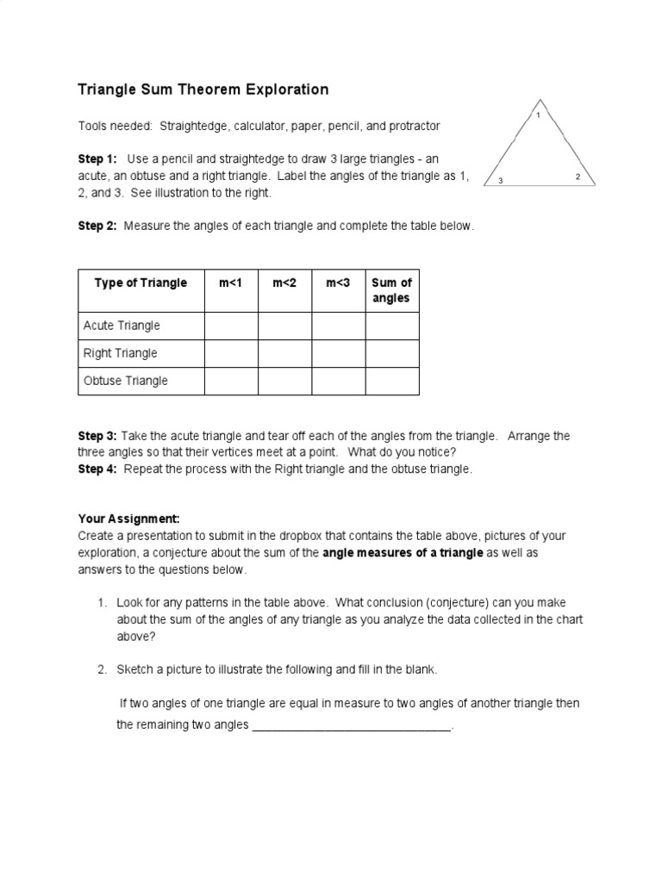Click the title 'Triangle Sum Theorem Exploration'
click(x=203, y=89)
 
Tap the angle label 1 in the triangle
click(x=539, y=115)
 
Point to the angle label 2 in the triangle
click(x=578, y=176)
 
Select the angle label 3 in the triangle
click(x=501, y=180)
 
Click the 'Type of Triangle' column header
click(x=141, y=283)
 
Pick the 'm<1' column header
click(x=230, y=283)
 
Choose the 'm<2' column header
click(x=284, y=283)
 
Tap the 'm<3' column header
click(x=338, y=283)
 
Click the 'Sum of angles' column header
click(x=391, y=290)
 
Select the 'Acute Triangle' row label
click(x=122, y=326)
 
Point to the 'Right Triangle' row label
click(x=120, y=353)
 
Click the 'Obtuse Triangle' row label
click(x=125, y=381)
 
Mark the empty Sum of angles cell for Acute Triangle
click(x=392, y=326)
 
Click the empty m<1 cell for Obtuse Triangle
click(x=230, y=381)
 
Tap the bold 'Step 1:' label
click(x=97, y=159)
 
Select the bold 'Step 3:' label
click(x=97, y=436)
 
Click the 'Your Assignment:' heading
click(x=128, y=519)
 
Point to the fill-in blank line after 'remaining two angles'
click(x=352, y=726)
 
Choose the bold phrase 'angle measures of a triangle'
click(x=403, y=553)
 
